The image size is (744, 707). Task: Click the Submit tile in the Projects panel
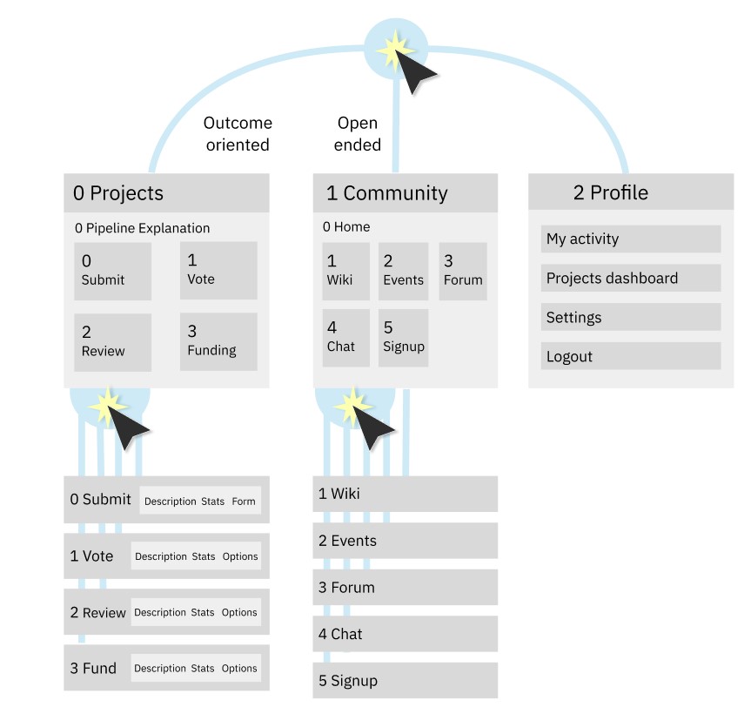pyautogui.click(x=112, y=271)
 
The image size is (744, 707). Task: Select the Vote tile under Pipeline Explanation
pyautogui.click(x=218, y=270)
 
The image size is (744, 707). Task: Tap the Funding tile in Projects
pyautogui.click(x=218, y=341)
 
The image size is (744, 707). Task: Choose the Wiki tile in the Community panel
pyautogui.click(x=346, y=271)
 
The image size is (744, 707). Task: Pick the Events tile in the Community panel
pyautogui.click(x=403, y=271)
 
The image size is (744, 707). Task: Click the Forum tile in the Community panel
pyautogui.click(x=463, y=271)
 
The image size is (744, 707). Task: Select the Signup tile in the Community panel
pyautogui.click(x=403, y=338)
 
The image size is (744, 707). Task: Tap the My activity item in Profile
pyautogui.click(x=631, y=239)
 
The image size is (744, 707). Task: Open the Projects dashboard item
pyautogui.click(x=631, y=278)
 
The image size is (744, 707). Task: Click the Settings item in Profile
pyautogui.click(x=631, y=317)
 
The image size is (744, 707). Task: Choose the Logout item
pyautogui.click(x=631, y=356)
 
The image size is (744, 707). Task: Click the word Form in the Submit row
pyautogui.click(x=244, y=502)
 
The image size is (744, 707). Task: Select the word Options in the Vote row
pyautogui.click(x=240, y=556)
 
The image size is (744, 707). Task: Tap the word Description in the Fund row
pyautogui.click(x=160, y=669)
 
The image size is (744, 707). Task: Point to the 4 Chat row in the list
pyautogui.click(x=406, y=634)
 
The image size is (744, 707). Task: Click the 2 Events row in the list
pyautogui.click(x=406, y=541)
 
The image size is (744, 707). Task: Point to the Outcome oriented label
pyautogui.click(x=238, y=134)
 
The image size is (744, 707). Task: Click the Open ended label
pyautogui.click(x=358, y=134)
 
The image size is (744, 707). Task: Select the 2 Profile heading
pyautogui.click(x=610, y=192)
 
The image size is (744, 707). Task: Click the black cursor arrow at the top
pyautogui.click(x=412, y=71)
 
